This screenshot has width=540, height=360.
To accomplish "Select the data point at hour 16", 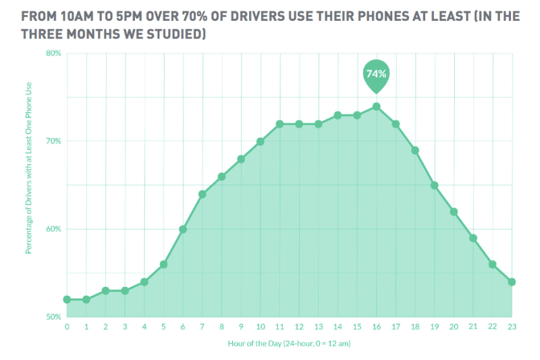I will click(x=376, y=106).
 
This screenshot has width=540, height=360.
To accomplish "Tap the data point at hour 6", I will click(x=183, y=229).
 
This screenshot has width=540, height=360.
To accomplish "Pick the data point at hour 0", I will click(x=67, y=299).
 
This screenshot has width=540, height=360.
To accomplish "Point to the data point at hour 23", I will click(x=512, y=282).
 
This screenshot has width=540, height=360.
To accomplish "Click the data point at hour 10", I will click(x=260, y=141).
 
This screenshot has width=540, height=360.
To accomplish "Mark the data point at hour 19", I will click(x=434, y=185).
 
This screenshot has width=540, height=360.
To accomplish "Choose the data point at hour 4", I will click(x=144, y=282).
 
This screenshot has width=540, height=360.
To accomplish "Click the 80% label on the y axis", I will click(x=53, y=53).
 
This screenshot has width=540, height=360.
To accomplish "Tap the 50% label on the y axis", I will click(x=53, y=316).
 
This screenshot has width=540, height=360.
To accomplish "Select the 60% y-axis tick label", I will click(x=53, y=229).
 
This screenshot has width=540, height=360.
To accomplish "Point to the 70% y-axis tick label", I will click(x=53, y=141).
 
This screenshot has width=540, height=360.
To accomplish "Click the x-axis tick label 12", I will click(x=298, y=327).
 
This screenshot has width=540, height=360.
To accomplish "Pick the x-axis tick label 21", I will click(x=473, y=327).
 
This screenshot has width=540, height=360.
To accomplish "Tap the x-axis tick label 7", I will click(x=202, y=327).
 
